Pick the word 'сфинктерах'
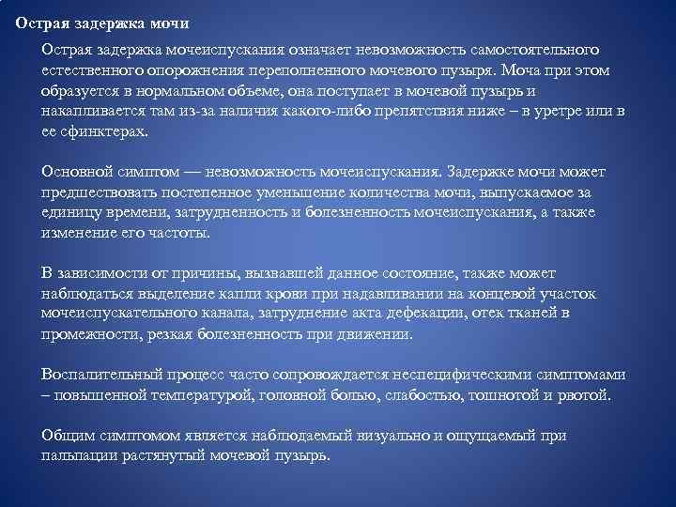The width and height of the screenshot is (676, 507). coord(103,132)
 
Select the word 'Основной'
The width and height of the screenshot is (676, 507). coord(73,172)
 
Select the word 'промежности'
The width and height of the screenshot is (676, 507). coord(85,333)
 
